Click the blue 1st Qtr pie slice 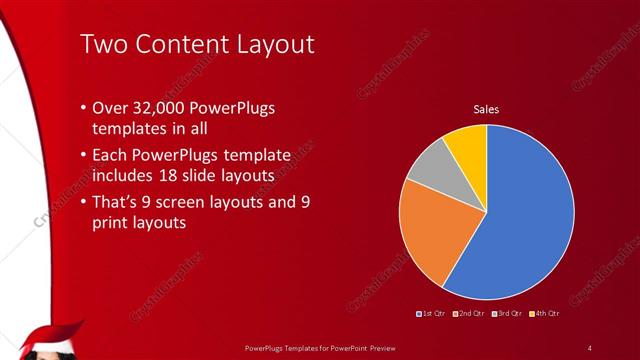click(x=525, y=215)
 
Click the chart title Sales click(x=486, y=109)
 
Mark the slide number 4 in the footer click(x=590, y=347)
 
